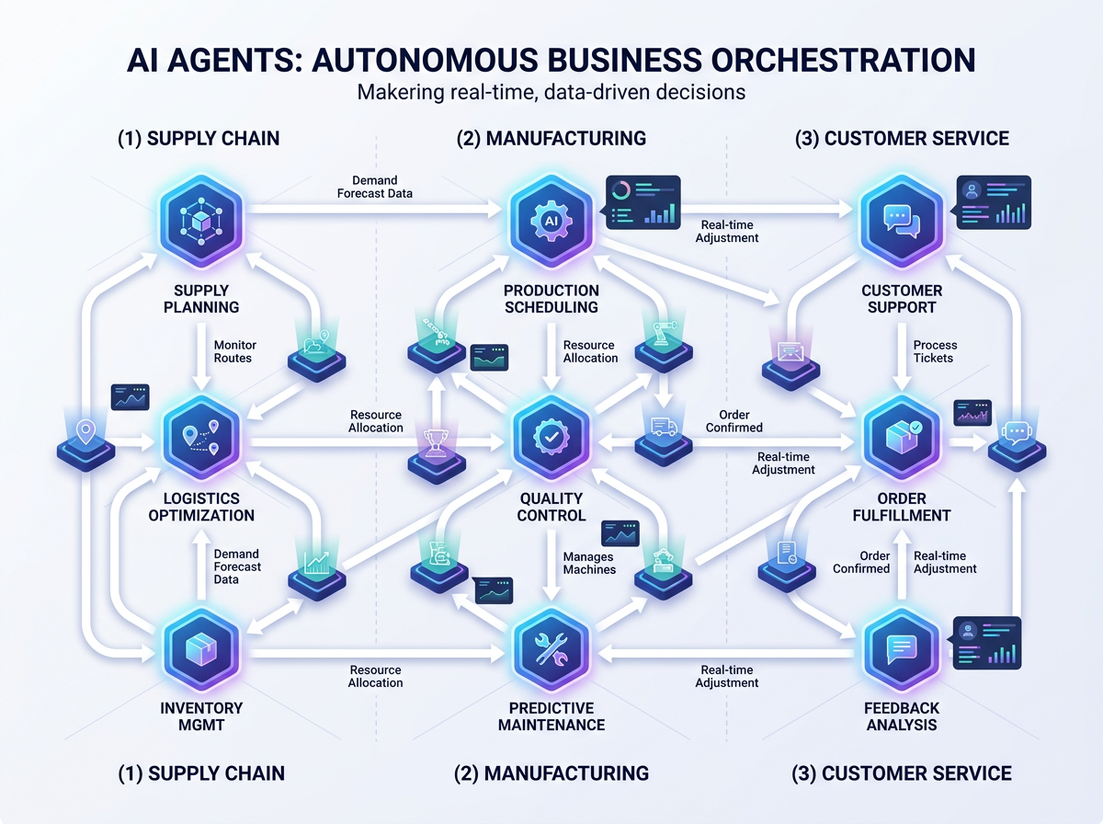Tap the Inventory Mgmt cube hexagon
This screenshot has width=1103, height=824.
coord(200,649)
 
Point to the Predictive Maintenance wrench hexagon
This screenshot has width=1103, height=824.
coord(551,651)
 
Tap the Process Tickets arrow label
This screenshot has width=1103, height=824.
coord(934,351)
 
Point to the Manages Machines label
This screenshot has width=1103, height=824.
coord(589,563)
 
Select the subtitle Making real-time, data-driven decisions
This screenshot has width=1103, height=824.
coord(551,93)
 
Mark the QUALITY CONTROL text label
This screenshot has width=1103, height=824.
coord(551,507)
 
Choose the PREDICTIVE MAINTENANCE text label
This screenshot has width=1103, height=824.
coord(551,716)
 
